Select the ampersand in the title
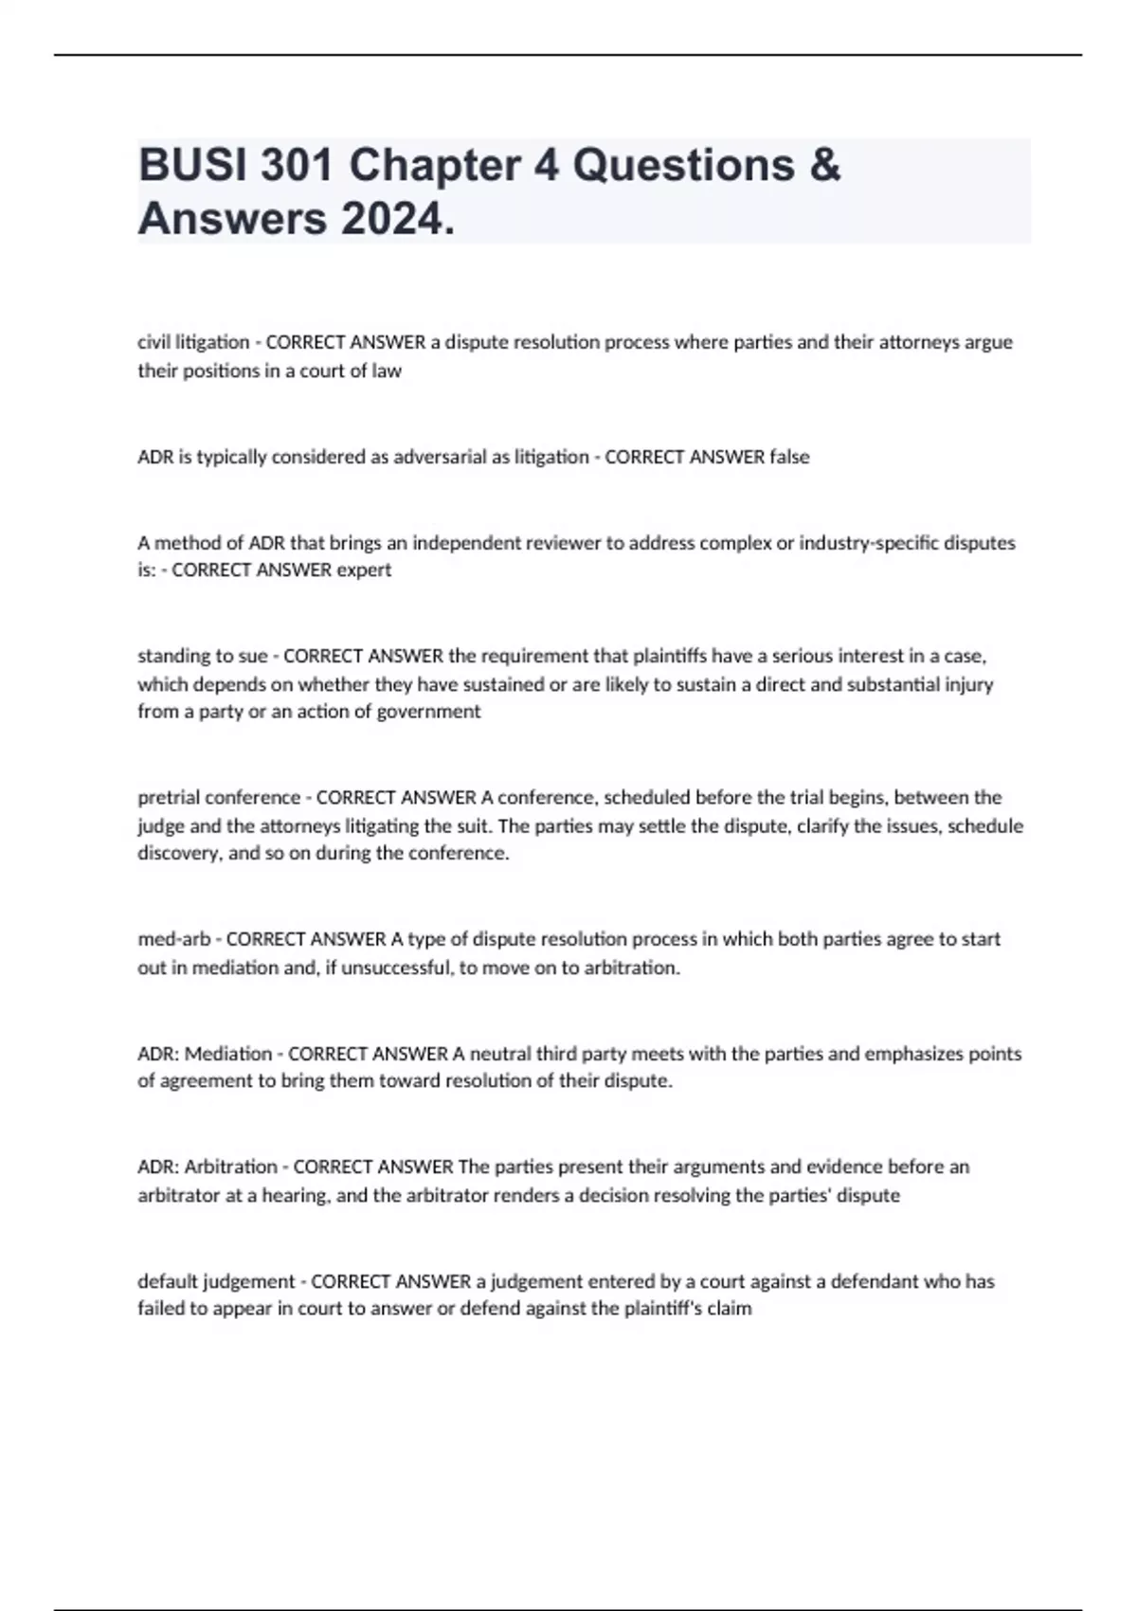[x=825, y=165]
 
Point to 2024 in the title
[x=396, y=219]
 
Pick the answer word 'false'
[x=789, y=457]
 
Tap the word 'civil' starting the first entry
[x=153, y=342]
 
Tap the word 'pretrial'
[x=169, y=797]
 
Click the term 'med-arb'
[x=173, y=939]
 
